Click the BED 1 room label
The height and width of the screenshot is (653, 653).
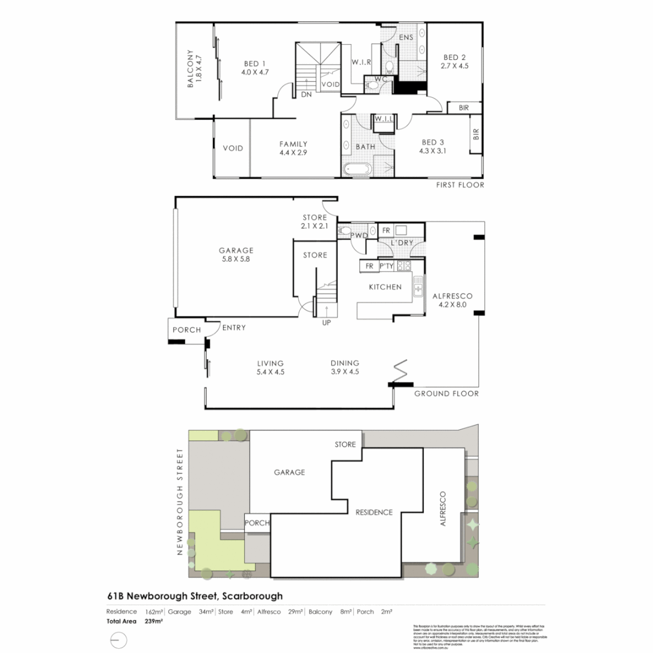pyautogui.click(x=255, y=63)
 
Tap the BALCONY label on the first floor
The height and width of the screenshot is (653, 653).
pyautogui.click(x=190, y=69)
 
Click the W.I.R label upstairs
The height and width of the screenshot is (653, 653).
pyautogui.click(x=361, y=62)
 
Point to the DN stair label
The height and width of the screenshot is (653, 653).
pyautogui.click(x=306, y=94)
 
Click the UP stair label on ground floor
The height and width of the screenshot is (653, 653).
pyautogui.click(x=326, y=322)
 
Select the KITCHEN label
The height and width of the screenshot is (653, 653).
pyautogui.click(x=385, y=287)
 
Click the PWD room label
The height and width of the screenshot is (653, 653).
pyautogui.click(x=360, y=235)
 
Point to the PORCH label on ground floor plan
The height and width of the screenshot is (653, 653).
pyautogui.click(x=186, y=330)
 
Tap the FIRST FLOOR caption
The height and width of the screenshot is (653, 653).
pyautogui.click(x=460, y=185)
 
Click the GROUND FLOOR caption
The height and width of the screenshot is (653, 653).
pyautogui.click(x=446, y=394)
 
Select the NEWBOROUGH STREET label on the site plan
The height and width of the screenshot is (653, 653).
pyautogui.click(x=180, y=502)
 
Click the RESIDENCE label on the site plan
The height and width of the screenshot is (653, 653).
pyautogui.click(x=374, y=512)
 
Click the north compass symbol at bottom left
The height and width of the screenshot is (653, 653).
pyautogui.click(x=119, y=640)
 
